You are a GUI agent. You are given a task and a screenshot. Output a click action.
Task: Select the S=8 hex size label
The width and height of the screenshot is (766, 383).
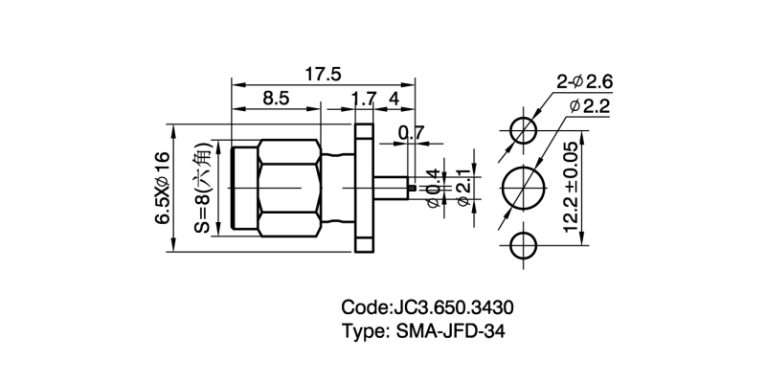tap(201, 188)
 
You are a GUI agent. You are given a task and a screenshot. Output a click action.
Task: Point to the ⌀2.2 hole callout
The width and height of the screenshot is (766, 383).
tap(590, 107)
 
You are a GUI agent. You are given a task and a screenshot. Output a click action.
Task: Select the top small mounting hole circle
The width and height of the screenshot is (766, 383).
tap(523, 129)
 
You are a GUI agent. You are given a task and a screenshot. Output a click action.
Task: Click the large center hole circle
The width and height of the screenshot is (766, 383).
tap(523, 186)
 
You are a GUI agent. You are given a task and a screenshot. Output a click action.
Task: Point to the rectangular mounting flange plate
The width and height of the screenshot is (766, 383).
tap(365, 187)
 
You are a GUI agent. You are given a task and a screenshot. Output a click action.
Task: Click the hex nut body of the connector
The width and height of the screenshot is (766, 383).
tap(293, 187)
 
